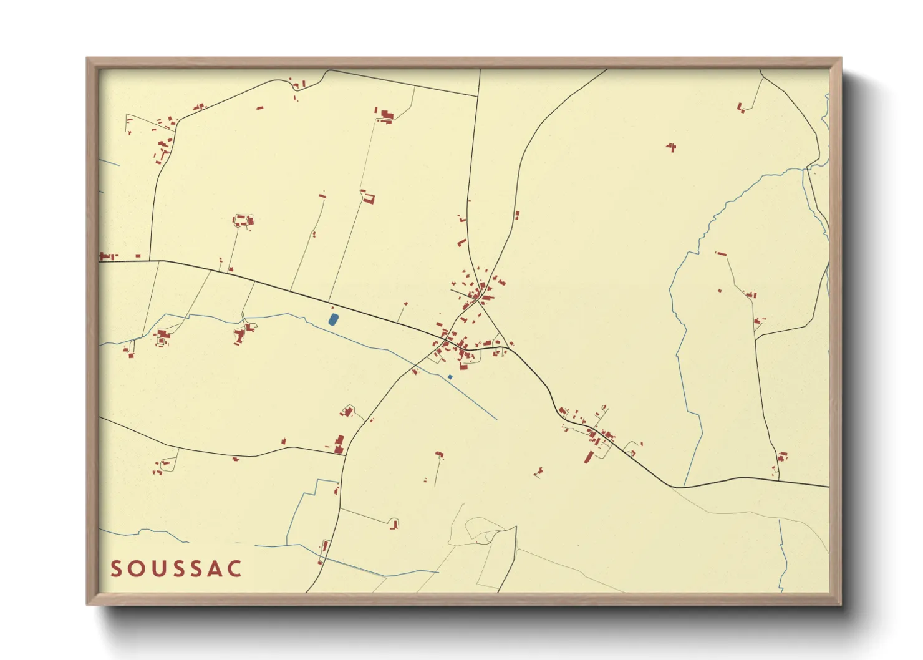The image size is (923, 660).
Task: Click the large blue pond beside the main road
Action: [333, 320]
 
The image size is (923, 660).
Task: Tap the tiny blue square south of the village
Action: [450, 377]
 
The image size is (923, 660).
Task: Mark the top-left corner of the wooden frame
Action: [87, 59]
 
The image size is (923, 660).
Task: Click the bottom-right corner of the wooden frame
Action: [841, 604]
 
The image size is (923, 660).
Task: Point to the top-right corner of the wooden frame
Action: [841, 59]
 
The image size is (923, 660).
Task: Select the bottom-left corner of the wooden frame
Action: [87, 604]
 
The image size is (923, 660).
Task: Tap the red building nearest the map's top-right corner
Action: [741, 108]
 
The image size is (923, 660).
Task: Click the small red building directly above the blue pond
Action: [332, 308]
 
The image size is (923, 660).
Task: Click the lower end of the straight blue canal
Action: [496, 419]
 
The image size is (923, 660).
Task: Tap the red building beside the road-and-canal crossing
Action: [414, 371]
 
